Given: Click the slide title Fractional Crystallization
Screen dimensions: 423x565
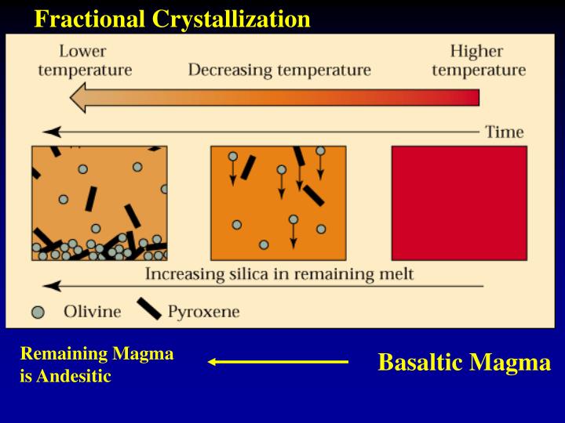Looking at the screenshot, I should pyautogui.click(x=172, y=19).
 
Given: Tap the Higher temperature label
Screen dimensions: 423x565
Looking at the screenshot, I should pyautogui.click(x=478, y=60).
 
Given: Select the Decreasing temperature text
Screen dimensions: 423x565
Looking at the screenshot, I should pyautogui.click(x=279, y=70).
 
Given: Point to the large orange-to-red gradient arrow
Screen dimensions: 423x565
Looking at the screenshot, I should pyautogui.click(x=275, y=97).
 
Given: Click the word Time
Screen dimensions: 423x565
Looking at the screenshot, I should pyautogui.click(x=504, y=131).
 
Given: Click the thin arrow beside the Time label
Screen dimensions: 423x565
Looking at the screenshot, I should pyautogui.click(x=259, y=132).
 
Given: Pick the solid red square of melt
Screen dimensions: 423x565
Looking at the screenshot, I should pyautogui.click(x=459, y=203).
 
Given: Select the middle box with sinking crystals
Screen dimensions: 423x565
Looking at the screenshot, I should pyautogui.click(x=278, y=203).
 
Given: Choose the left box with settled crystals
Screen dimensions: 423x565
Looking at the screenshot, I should pyautogui.click(x=99, y=203).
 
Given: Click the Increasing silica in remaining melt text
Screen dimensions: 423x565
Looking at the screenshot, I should pyautogui.click(x=279, y=274).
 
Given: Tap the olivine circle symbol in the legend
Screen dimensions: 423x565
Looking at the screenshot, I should pyautogui.click(x=38, y=312).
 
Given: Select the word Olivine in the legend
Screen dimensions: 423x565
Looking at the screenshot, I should pyautogui.click(x=92, y=312).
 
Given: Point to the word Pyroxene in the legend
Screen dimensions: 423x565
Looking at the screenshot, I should pyautogui.click(x=203, y=312).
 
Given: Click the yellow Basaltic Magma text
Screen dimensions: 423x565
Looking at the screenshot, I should pyautogui.click(x=464, y=363).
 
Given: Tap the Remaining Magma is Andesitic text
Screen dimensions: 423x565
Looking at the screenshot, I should pyautogui.click(x=96, y=365).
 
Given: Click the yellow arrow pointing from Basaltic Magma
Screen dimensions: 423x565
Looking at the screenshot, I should pyautogui.click(x=278, y=362).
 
